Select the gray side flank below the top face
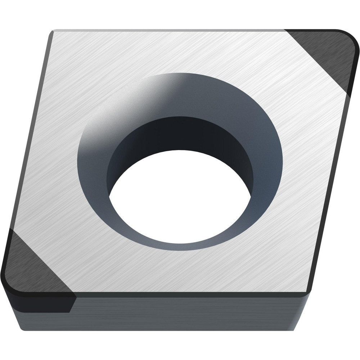(187, 310)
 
